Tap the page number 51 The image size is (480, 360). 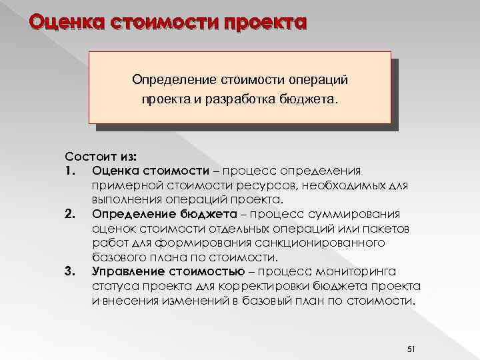point(411,331)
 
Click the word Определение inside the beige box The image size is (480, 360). point(171,80)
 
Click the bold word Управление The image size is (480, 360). point(125,271)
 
